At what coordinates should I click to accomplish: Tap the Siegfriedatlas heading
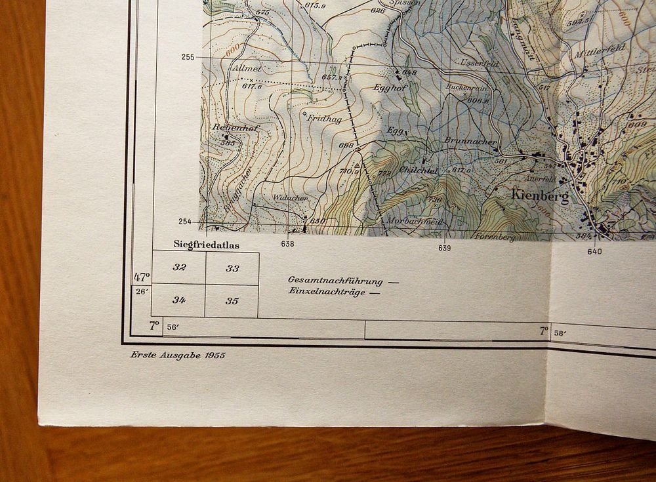tap(206, 245)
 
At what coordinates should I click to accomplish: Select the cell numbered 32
tap(179, 268)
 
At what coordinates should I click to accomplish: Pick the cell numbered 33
tap(232, 268)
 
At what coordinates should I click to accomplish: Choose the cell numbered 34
tap(179, 300)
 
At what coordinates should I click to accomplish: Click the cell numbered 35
tap(232, 301)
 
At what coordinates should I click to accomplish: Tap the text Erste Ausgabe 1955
tap(177, 355)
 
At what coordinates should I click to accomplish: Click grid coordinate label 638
tap(287, 244)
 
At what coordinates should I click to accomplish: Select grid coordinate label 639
tap(445, 248)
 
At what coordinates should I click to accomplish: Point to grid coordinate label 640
tap(594, 251)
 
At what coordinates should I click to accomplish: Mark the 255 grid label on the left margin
tap(188, 57)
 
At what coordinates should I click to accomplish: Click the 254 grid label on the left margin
tap(185, 222)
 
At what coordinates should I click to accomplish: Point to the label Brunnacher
tap(470, 140)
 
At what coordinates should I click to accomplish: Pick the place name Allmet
tap(247, 68)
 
